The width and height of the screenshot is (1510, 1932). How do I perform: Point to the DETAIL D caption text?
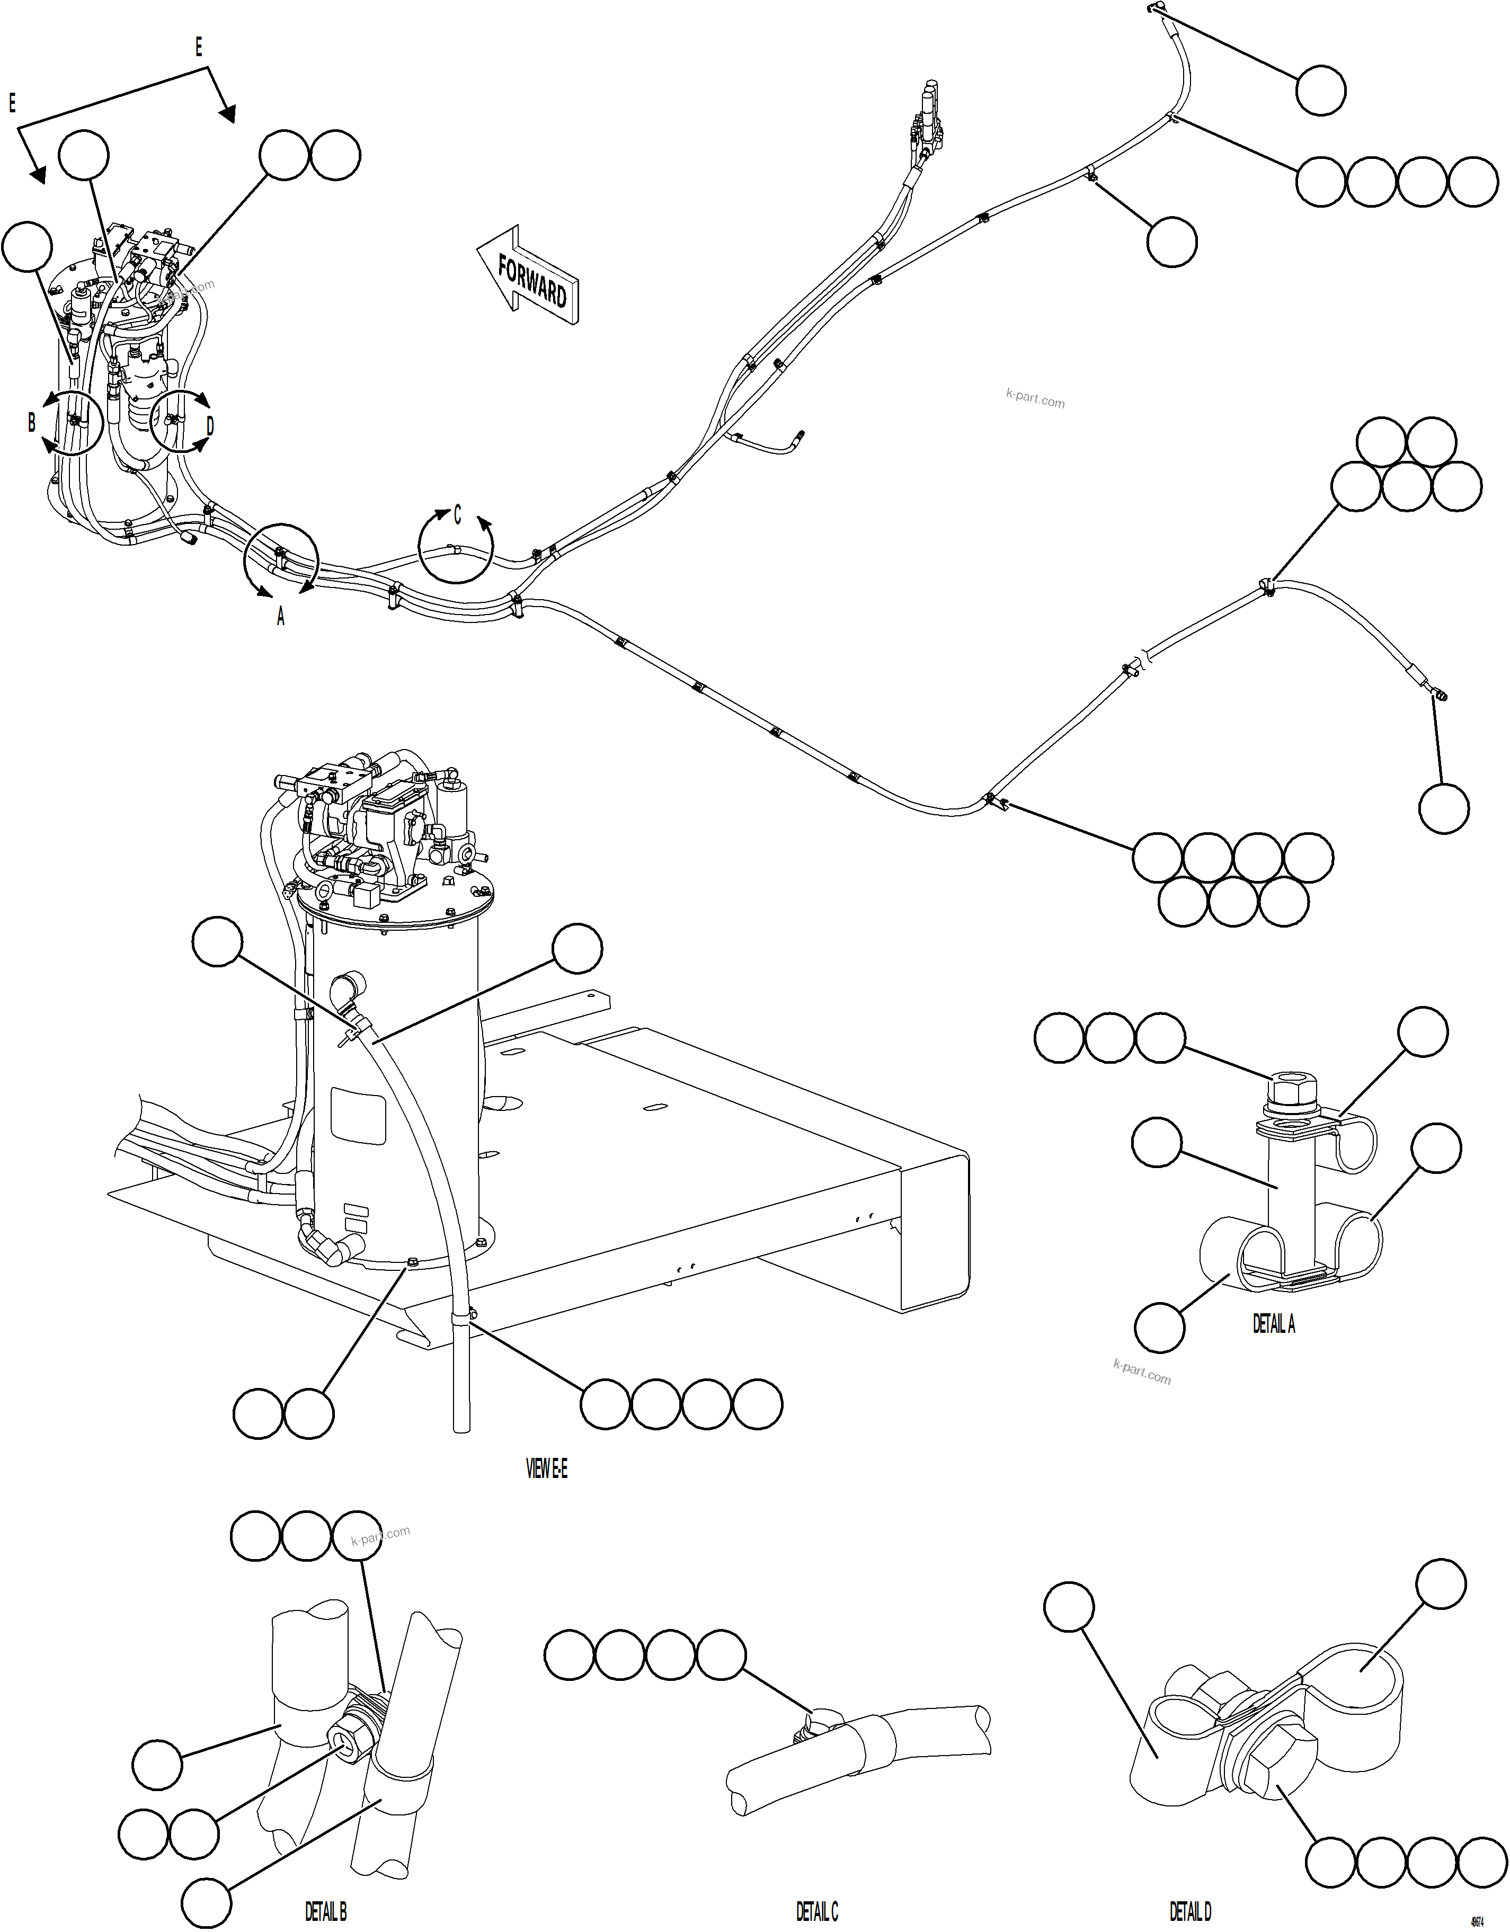[1190, 1912]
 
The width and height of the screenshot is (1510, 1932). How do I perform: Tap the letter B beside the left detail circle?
[32, 422]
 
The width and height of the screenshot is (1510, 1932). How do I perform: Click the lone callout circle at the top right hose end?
[1321, 90]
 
